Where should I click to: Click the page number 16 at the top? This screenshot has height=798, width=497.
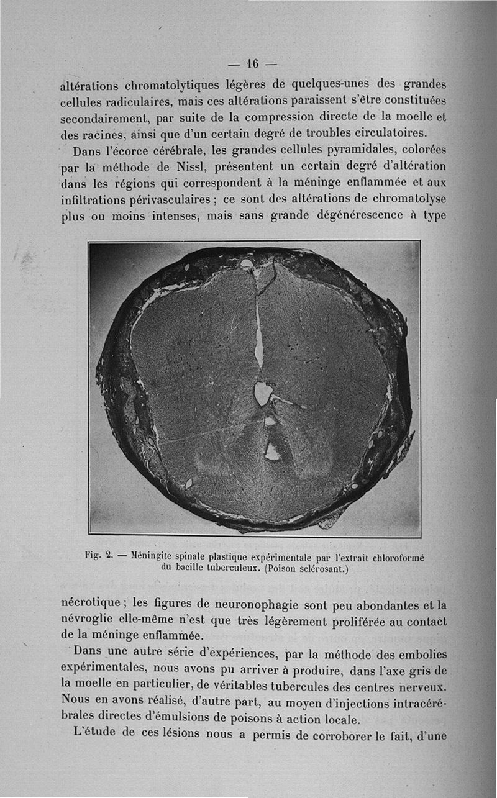252,64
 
